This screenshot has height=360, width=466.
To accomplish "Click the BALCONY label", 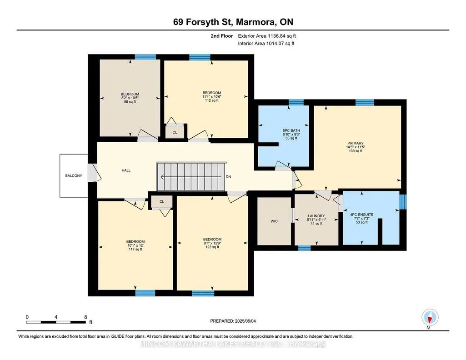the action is (x=74, y=176).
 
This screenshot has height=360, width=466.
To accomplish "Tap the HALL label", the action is (x=126, y=170).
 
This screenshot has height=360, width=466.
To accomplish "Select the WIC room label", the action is (x=274, y=221).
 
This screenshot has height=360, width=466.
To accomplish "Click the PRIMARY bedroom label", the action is (x=356, y=143).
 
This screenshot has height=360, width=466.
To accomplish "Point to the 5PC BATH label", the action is (x=291, y=131).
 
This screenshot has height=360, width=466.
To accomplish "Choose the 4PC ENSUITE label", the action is (x=362, y=215).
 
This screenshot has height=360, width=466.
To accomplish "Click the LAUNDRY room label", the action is (x=316, y=216).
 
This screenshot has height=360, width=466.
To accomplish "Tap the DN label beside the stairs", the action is (x=228, y=177).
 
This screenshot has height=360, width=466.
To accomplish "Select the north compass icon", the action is (x=430, y=318).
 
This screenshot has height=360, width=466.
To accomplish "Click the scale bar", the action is (x=56, y=322).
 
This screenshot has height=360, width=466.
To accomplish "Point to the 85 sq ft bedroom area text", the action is (x=130, y=102).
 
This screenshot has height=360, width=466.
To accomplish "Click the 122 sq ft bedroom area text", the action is (x=212, y=247).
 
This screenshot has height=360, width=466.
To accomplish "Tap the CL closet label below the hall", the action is (x=162, y=202).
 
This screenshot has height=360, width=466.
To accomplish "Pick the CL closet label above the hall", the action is (x=175, y=132).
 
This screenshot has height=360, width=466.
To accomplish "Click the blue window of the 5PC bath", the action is (x=296, y=102).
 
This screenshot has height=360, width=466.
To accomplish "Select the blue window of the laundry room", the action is (x=304, y=248).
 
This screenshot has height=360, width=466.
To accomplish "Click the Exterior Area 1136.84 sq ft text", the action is (x=267, y=36).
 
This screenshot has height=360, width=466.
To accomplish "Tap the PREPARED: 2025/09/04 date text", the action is (x=233, y=321).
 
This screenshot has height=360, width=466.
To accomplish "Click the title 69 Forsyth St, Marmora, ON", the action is (x=233, y=22).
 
